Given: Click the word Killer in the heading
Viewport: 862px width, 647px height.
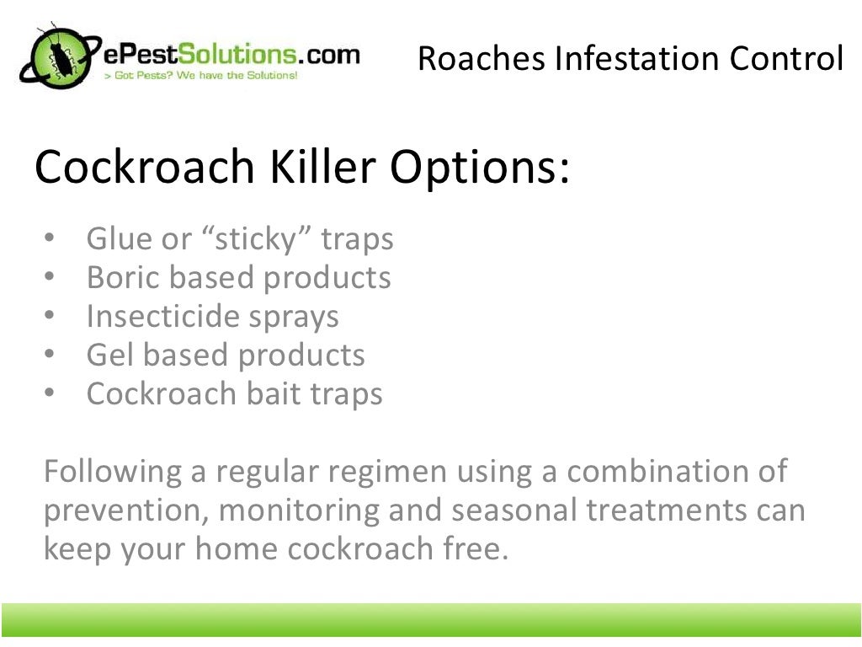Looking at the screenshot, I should [320, 167].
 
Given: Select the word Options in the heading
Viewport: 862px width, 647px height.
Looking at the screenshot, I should [478, 167].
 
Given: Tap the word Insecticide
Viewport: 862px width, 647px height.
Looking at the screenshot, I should [164, 317].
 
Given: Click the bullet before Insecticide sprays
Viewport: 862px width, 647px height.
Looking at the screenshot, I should [49, 317].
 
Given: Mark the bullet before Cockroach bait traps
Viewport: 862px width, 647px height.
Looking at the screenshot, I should [49, 394].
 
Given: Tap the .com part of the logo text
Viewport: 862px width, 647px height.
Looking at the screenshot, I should [332, 55].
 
